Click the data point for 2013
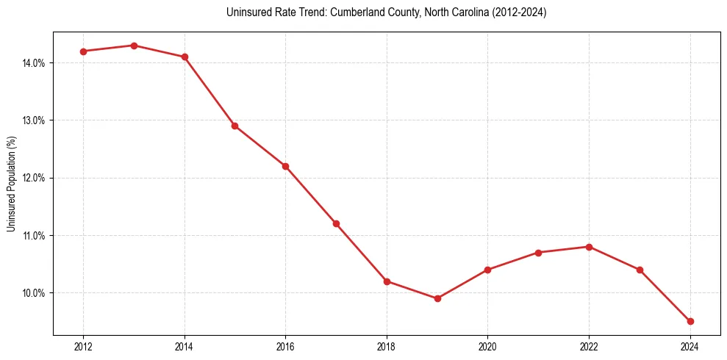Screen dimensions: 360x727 click(134, 46)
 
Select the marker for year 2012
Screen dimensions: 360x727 click(83, 51)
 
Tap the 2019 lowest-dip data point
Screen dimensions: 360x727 click(437, 298)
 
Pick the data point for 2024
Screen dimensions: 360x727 click(690, 321)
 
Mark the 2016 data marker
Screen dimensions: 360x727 click(285, 166)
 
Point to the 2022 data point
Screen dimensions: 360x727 click(589, 247)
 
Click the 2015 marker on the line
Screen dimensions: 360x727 click(234, 126)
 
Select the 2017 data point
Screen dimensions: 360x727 click(336, 223)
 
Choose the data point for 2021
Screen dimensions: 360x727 click(538, 253)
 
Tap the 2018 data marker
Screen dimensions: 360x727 click(387, 281)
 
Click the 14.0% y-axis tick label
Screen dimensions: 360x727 click(34, 63)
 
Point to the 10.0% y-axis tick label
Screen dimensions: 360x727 click(34, 293)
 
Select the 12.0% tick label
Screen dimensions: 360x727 click(34, 178)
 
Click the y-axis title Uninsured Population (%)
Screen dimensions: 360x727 click(11, 184)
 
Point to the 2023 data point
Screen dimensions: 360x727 click(640, 270)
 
